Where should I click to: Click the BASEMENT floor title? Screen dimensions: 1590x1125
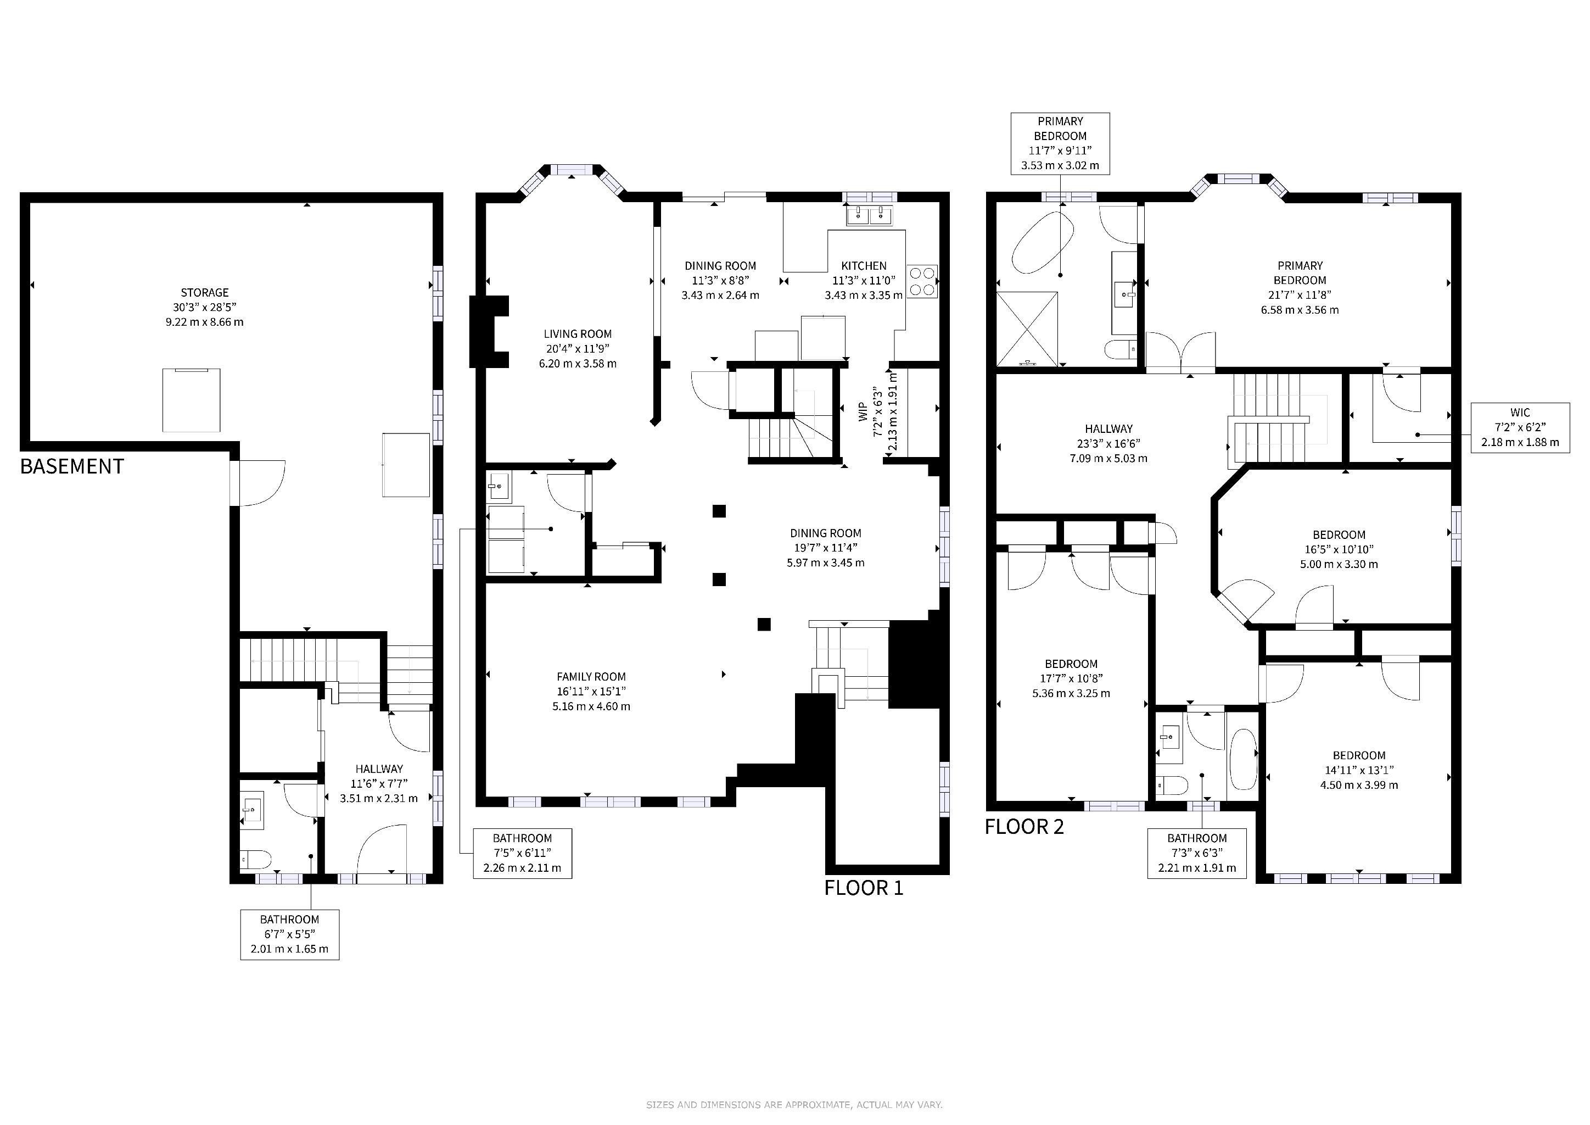click(x=72, y=466)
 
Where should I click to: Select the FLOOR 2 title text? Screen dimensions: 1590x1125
click(x=1024, y=826)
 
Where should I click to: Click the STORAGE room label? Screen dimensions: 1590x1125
click(x=205, y=292)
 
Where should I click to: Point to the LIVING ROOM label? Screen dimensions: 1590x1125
click(x=578, y=334)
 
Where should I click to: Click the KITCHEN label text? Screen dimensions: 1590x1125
click(x=864, y=266)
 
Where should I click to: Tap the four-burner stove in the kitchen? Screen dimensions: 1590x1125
click(x=922, y=281)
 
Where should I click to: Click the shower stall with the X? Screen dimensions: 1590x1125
click(x=1027, y=328)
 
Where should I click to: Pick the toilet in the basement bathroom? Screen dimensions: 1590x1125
click(x=254, y=860)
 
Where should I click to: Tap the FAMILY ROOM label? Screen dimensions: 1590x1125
click(x=591, y=677)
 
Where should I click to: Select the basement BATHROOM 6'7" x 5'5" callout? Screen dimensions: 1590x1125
click(x=289, y=934)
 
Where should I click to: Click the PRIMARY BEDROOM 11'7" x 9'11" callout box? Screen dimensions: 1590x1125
click(x=1060, y=143)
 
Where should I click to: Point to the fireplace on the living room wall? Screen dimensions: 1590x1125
click(x=489, y=331)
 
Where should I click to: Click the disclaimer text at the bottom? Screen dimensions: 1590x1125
click(x=794, y=1105)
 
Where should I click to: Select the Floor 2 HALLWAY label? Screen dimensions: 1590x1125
click(x=1108, y=429)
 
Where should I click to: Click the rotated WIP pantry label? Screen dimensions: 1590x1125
click(x=863, y=412)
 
